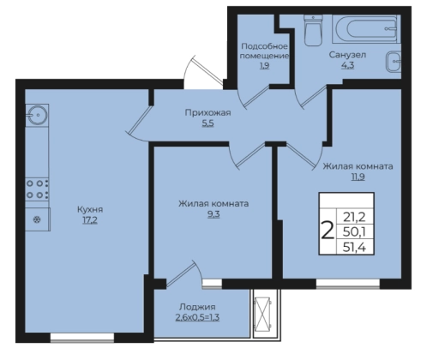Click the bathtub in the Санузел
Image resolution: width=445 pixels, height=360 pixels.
click(x=366, y=29)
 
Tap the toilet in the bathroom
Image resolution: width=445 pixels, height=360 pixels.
click(x=313, y=30)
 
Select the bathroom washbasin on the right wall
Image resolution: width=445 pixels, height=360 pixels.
click(x=394, y=62)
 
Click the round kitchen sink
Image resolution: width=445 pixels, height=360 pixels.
click(x=37, y=115)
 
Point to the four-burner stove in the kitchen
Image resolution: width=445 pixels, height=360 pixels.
click(x=37, y=189)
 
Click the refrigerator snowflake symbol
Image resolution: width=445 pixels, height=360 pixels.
click(x=37, y=219)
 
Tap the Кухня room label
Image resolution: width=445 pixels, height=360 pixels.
click(x=90, y=210)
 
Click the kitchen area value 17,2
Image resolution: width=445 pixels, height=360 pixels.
click(x=90, y=220)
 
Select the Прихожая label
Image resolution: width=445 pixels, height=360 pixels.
click(x=207, y=113)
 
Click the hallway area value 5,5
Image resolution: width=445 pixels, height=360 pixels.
click(x=207, y=123)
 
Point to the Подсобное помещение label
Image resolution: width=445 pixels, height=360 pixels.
click(x=264, y=51)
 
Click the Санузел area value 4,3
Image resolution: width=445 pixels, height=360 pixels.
click(x=347, y=65)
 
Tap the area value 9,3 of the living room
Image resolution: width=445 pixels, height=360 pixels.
click(x=213, y=214)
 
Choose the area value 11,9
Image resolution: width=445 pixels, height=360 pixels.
click(x=358, y=177)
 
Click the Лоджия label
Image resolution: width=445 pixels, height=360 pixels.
click(x=197, y=307)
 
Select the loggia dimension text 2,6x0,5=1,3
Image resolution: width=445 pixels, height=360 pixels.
click(x=197, y=317)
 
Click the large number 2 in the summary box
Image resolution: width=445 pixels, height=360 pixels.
click(x=328, y=231)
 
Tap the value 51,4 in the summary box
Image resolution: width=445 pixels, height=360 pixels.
click(x=354, y=247)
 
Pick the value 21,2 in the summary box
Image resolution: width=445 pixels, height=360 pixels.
click(x=354, y=217)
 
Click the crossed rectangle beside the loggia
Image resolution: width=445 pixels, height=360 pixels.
click(x=262, y=314)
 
